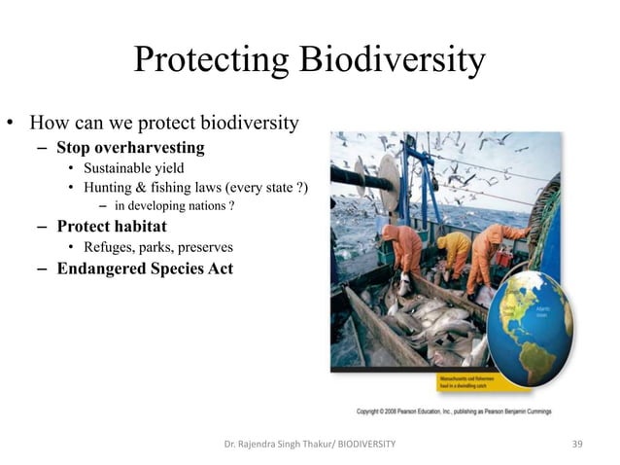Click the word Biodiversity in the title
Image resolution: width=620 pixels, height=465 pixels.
click(392, 61)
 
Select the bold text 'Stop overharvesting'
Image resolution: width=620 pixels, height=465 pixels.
click(130, 148)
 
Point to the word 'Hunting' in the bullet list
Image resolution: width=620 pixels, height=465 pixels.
click(112, 188)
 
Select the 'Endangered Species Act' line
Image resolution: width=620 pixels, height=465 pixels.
click(145, 268)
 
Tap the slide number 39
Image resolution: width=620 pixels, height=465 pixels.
click(577, 444)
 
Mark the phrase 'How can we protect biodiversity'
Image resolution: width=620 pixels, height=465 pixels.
click(163, 125)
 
